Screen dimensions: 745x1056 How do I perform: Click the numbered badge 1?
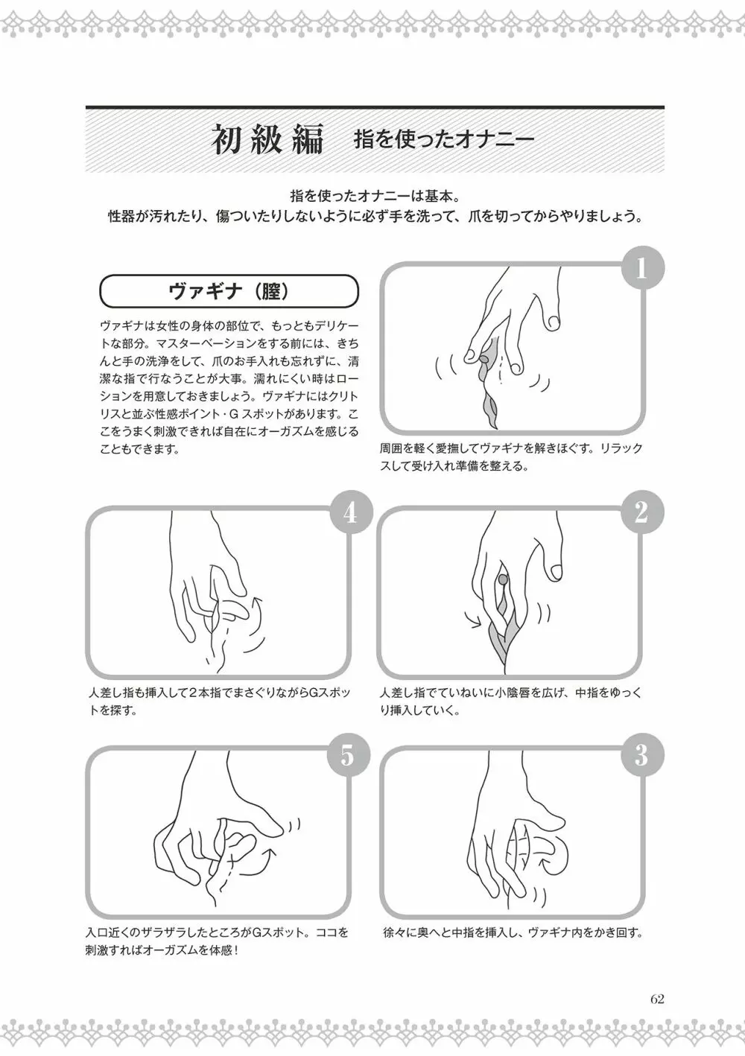641,269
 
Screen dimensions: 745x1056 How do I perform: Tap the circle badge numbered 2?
641,512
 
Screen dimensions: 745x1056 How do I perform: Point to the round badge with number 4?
350,512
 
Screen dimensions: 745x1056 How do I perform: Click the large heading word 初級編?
267,140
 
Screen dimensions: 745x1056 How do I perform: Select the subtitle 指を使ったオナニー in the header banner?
444,140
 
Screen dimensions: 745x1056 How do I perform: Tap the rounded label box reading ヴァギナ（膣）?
229,292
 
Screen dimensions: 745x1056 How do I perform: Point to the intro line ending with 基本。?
375,195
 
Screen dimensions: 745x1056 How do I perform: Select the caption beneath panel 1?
511,457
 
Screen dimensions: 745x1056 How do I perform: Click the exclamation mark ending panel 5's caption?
235,951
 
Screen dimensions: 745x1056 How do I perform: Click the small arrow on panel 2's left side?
472,620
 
